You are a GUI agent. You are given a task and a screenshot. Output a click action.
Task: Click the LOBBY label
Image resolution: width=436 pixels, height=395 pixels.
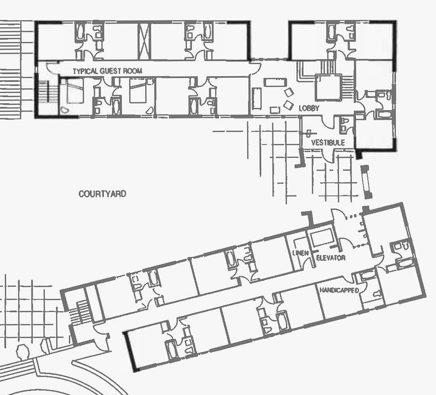tap(309, 108)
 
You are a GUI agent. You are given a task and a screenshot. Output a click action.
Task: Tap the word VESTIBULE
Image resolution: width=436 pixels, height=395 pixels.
tap(328, 143)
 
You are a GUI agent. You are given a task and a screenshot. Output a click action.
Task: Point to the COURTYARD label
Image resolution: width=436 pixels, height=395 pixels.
tap(102, 194)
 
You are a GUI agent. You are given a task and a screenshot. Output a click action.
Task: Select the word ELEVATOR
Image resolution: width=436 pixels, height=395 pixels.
tap(330, 258)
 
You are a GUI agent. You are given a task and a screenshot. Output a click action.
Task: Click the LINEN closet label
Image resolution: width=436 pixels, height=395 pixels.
tap(300, 253)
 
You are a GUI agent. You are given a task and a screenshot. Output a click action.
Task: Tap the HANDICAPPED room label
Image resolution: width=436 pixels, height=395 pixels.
tap(339, 290)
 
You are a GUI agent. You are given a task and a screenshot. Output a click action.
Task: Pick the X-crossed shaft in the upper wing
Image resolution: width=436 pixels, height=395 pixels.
tap(144, 42)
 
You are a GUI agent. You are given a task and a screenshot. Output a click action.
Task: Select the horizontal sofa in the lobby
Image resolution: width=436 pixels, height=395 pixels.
tap(275, 82)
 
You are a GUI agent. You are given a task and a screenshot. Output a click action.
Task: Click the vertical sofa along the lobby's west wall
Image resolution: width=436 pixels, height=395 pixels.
tap(257, 98)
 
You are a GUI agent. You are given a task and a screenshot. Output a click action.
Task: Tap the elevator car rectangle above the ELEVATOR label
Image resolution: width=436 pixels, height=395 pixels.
tap(322, 238)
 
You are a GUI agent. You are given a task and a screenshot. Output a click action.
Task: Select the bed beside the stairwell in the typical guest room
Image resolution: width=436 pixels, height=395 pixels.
tap(75, 91)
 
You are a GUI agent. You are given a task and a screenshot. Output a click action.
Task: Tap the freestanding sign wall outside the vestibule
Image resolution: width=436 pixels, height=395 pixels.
tap(367, 182)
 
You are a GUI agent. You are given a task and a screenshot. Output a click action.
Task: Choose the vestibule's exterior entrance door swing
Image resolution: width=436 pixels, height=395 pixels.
tap(328, 156)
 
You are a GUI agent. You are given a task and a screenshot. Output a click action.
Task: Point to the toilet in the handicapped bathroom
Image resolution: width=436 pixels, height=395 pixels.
tap(377, 294)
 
